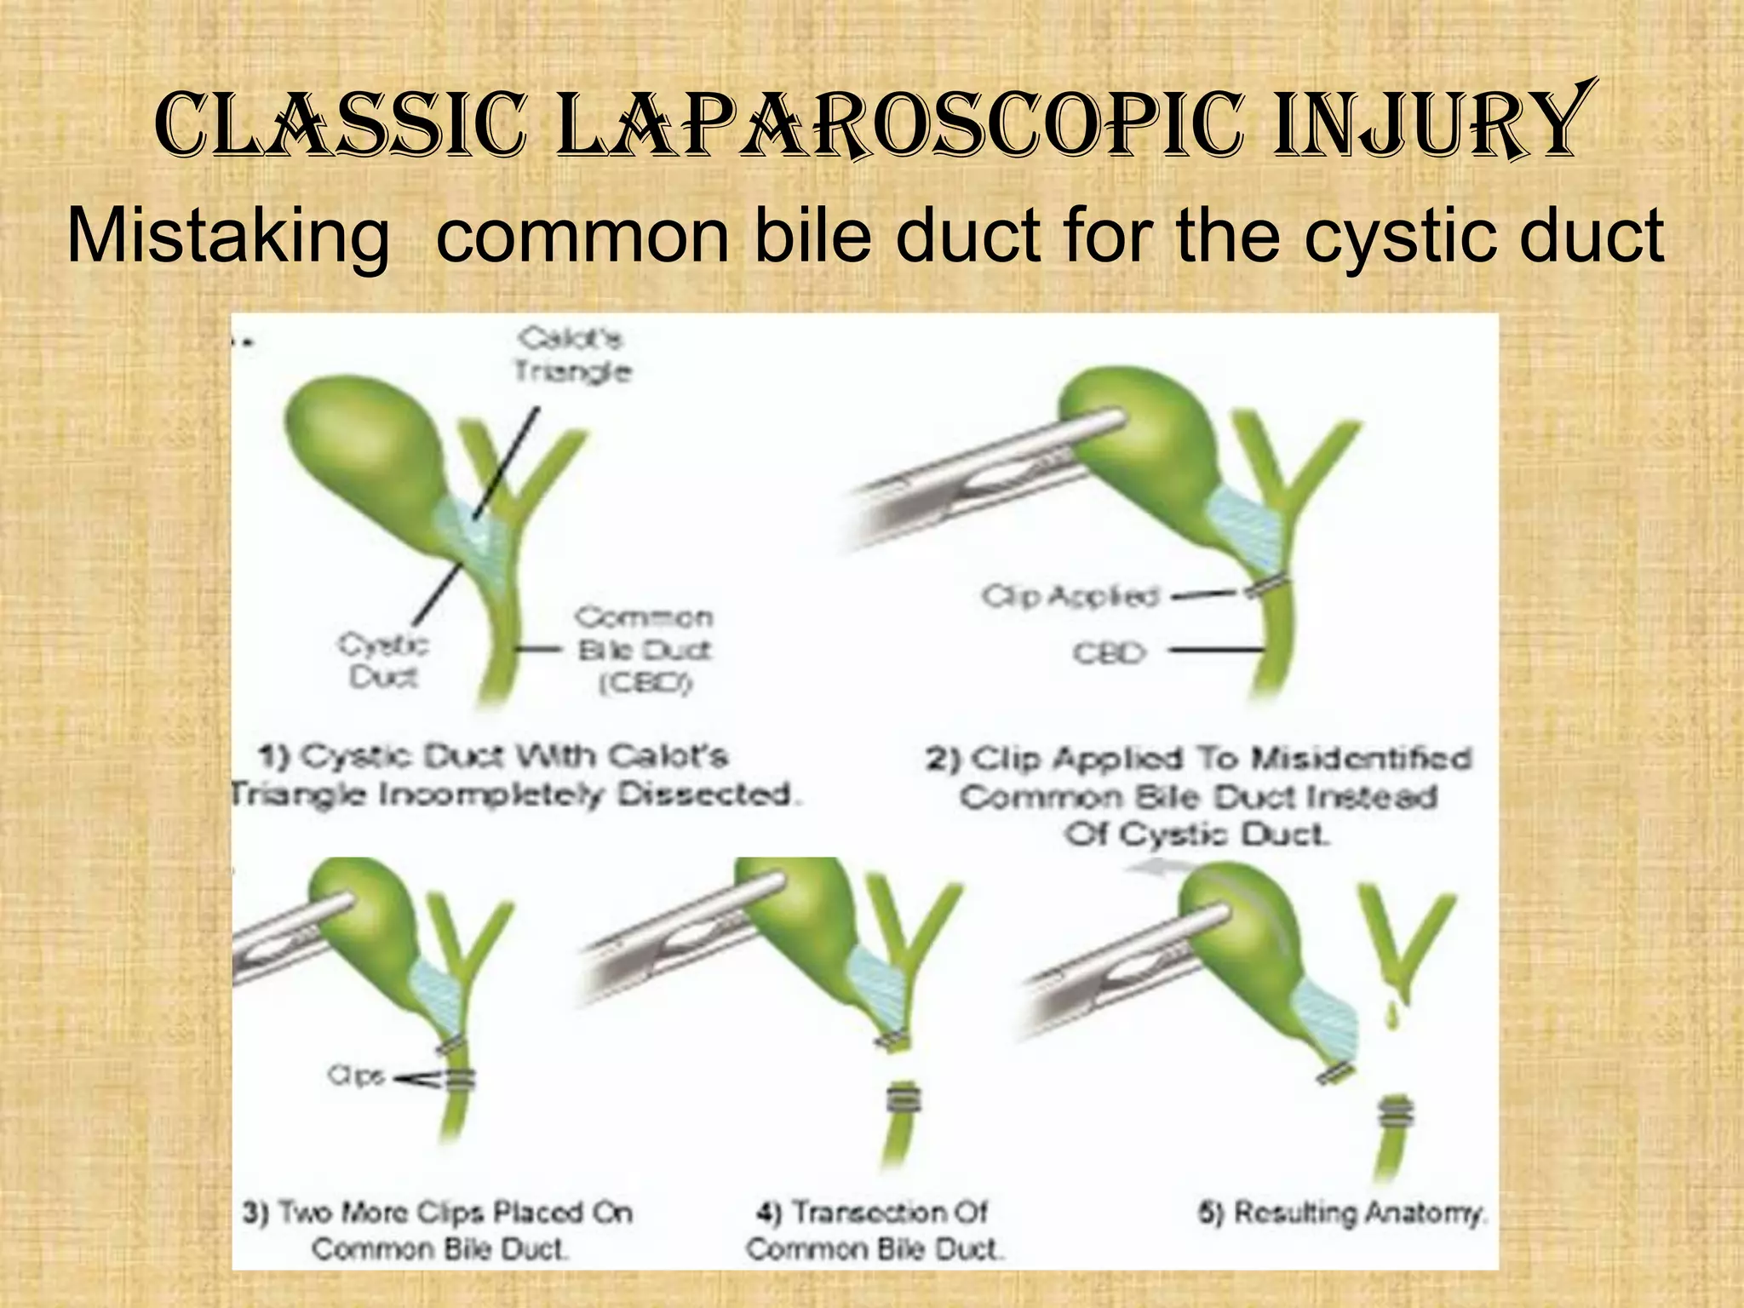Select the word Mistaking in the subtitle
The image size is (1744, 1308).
tap(228, 236)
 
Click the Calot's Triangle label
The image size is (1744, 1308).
tap(572, 355)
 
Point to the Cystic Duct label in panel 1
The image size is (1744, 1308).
tap(383, 660)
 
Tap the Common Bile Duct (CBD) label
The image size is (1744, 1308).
tap(645, 650)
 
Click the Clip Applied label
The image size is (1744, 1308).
tap(1071, 596)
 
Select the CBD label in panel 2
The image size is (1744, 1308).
tap(1109, 653)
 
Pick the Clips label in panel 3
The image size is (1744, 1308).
tap(356, 1076)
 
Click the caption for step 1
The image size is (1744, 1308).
tap(516, 775)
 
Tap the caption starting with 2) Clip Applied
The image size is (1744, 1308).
tap(1198, 795)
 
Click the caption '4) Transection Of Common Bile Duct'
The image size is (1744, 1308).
tap(874, 1230)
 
